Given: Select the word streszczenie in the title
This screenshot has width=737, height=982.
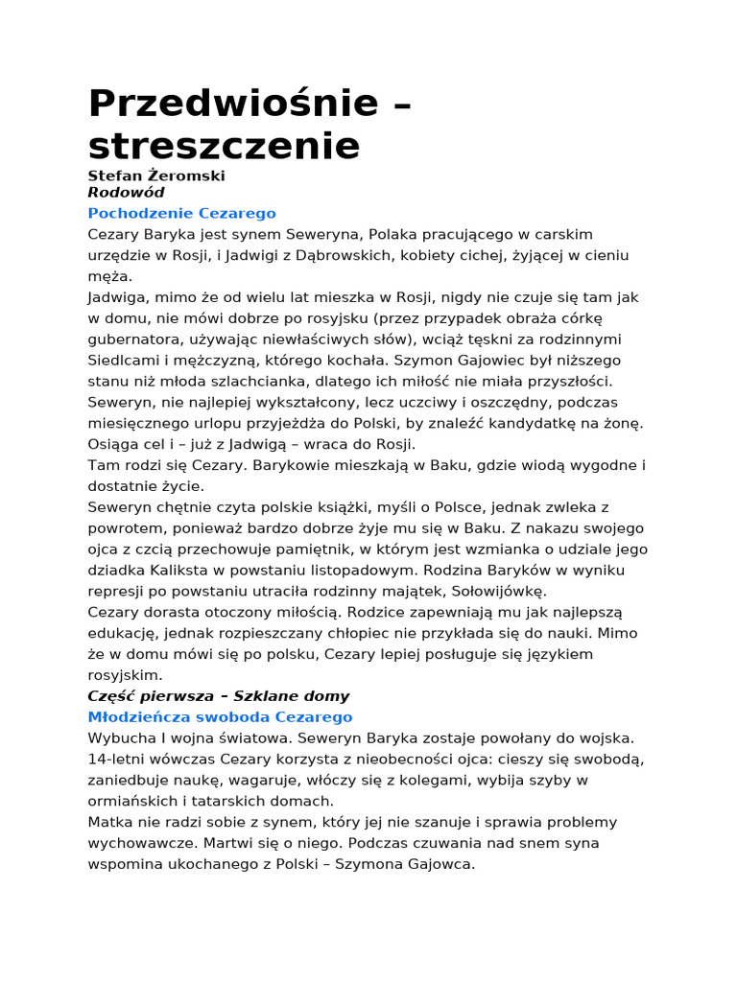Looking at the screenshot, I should (224, 146).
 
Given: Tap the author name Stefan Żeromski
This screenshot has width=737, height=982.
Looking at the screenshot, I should (156, 175).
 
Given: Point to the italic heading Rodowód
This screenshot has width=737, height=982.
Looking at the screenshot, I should (126, 193).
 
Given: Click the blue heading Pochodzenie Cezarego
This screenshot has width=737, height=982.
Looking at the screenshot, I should (181, 213).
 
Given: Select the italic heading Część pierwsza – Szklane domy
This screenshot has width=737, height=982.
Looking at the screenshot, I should (219, 696).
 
